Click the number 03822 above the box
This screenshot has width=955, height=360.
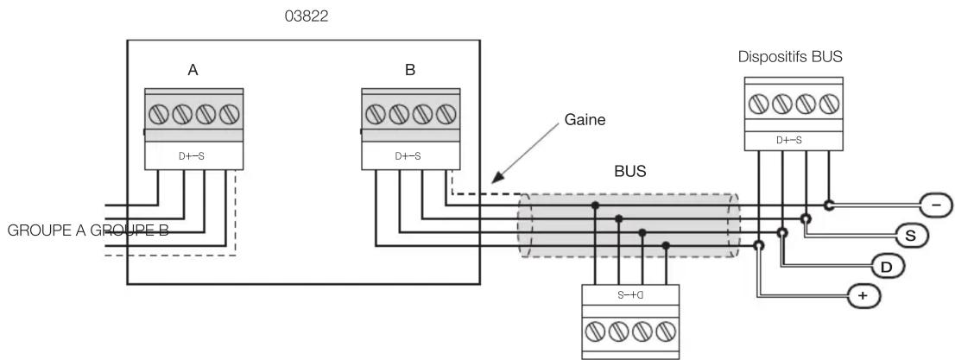click(x=307, y=16)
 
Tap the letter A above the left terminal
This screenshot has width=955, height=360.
click(x=193, y=70)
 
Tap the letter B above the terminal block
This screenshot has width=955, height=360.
click(x=410, y=70)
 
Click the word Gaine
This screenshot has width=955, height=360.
click(x=585, y=120)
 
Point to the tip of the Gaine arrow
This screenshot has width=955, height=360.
click(x=492, y=182)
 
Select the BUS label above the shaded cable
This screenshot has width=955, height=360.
click(x=630, y=171)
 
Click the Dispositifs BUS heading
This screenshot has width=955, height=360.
click(x=790, y=57)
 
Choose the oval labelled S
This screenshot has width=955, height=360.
click(x=911, y=235)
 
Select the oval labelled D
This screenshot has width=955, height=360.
click(x=885, y=266)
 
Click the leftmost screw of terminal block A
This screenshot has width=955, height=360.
click(x=159, y=114)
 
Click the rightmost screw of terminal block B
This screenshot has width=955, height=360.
click(x=446, y=114)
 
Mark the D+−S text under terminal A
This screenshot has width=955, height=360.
click(x=191, y=156)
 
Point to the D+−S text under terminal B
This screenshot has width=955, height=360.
click(x=408, y=156)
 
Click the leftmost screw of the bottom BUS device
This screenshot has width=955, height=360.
click(x=595, y=332)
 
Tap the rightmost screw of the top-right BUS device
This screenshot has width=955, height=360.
click(x=829, y=104)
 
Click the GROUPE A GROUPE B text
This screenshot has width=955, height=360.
click(x=88, y=231)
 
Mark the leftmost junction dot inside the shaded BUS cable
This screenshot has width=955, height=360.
click(x=595, y=205)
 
